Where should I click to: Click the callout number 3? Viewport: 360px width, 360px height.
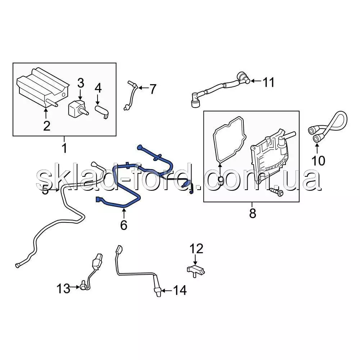(x=81, y=83)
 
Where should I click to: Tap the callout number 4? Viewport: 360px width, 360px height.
(x=98, y=88)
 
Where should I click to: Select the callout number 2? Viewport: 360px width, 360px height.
(x=46, y=126)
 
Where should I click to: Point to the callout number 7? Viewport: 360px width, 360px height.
(x=153, y=89)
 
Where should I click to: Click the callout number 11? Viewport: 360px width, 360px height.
(x=269, y=82)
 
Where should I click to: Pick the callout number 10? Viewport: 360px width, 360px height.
(x=318, y=161)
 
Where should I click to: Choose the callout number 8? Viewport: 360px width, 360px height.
(x=253, y=213)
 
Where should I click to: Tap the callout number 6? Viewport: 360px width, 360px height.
(x=124, y=225)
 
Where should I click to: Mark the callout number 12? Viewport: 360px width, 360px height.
(x=196, y=249)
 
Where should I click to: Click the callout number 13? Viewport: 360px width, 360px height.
(x=63, y=289)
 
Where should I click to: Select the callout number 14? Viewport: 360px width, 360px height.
(x=180, y=290)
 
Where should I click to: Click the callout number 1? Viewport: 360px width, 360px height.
(x=65, y=148)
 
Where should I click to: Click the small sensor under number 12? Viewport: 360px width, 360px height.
(x=196, y=270)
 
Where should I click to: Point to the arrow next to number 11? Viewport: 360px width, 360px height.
(x=256, y=81)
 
